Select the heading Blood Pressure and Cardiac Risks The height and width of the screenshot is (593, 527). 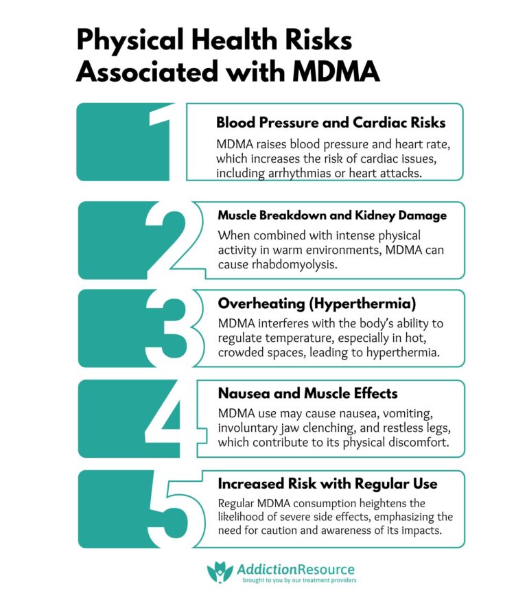click(331, 123)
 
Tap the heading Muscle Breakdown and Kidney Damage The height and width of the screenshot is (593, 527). click(331, 216)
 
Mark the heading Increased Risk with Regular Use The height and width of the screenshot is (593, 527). click(327, 484)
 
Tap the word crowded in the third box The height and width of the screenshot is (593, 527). click(241, 352)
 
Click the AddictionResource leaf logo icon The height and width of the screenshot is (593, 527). click(220, 571)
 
